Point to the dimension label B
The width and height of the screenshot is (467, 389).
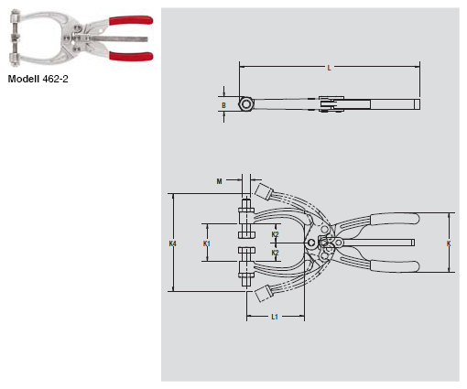coord(224,104)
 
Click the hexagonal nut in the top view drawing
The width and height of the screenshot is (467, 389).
coord(246,104)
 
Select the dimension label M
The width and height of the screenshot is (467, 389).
coord(220,181)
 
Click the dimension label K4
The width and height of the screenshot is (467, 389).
coord(173,243)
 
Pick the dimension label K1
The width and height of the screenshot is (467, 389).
coord(207,243)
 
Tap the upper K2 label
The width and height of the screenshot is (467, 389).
coord(276,234)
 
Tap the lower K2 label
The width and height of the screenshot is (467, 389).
coord(276,252)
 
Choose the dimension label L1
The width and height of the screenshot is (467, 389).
coord(275,317)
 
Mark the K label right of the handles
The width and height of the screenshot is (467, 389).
coord(449,243)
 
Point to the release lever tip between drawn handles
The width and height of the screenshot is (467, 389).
coord(413,243)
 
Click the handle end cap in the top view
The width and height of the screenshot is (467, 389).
coord(417,104)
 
